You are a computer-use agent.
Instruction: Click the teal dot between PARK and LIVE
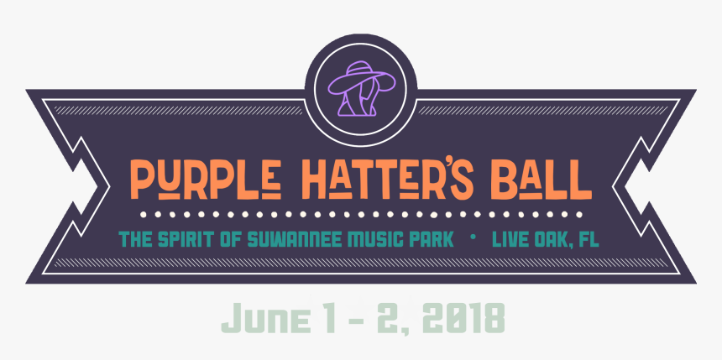click(x=473, y=238)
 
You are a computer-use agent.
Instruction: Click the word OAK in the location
click(x=554, y=239)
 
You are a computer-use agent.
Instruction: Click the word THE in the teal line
click(x=137, y=239)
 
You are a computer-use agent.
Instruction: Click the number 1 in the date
click(x=317, y=318)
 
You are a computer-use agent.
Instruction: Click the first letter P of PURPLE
click(x=141, y=175)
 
